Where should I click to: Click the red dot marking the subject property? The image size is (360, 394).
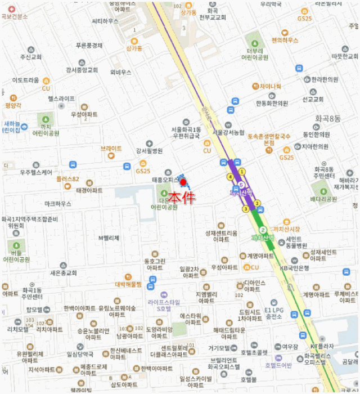pos(183,182)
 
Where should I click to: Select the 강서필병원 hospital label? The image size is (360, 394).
pos(148,151)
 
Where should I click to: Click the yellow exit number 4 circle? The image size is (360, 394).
pos(230,177)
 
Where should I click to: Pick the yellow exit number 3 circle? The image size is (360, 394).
pos(245,209)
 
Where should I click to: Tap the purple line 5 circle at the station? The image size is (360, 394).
pos(241,185)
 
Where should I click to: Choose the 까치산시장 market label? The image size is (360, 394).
pos(287,229)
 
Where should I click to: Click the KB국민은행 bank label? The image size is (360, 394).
pos(295,268)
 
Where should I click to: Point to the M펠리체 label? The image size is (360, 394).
pos(109,238)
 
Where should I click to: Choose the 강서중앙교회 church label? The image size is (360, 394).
pos(82,70)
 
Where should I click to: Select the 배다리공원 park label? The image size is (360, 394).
pos(323,199)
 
